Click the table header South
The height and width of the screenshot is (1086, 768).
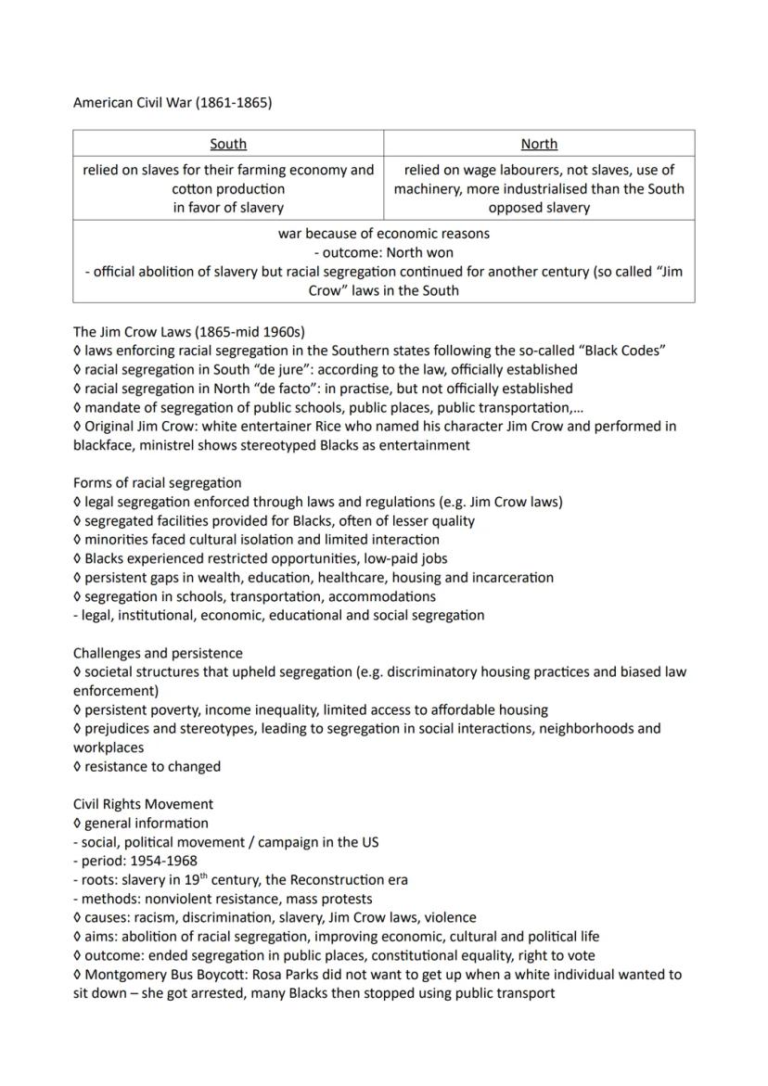[228, 144]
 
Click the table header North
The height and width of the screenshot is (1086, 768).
[539, 144]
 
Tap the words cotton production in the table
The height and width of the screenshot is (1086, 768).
[228, 189]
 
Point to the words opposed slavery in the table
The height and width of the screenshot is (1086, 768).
[539, 208]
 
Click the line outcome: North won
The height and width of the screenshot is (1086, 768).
[384, 252]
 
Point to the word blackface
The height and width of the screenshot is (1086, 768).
[106, 445]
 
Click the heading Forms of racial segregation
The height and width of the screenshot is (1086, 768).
[157, 482]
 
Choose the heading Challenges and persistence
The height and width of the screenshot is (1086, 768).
[158, 653]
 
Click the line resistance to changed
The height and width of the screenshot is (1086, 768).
[152, 766]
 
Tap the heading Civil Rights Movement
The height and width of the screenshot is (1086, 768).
[143, 804]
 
